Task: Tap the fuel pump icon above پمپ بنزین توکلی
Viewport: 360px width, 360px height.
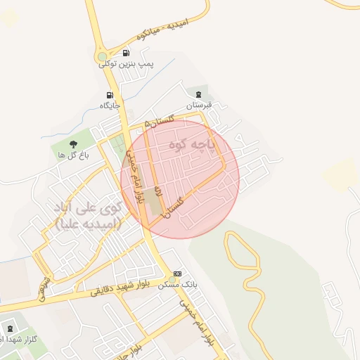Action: point(126,53)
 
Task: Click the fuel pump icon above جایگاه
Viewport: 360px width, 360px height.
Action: point(109,95)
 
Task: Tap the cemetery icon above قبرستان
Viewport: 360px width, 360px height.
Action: point(199,95)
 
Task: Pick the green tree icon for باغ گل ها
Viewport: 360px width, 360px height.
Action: point(75,145)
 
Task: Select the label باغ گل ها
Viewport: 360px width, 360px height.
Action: point(72,155)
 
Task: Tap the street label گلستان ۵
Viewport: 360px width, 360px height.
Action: point(160,121)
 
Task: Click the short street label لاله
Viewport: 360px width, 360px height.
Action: point(159,191)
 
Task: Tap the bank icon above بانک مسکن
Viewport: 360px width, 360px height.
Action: point(177,274)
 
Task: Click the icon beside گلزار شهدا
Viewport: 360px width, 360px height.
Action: point(10,328)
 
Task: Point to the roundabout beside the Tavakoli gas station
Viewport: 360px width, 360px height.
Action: point(103,57)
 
